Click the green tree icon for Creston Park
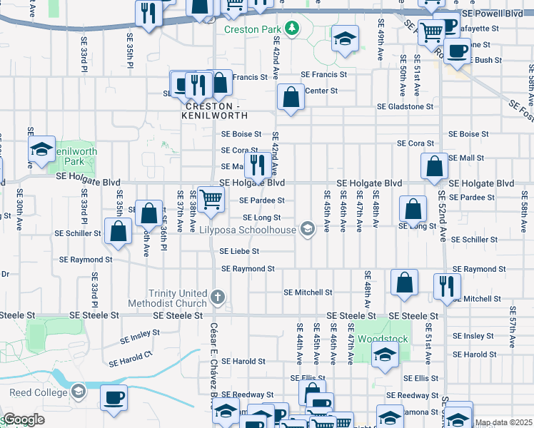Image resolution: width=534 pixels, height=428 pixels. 291,29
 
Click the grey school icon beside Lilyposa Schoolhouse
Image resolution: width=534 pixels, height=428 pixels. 307,229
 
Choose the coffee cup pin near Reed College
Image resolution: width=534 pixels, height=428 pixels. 114,397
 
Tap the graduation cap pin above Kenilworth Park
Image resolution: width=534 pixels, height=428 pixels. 42,149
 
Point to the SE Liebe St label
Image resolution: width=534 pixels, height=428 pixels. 239,251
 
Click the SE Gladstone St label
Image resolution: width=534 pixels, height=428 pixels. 405,107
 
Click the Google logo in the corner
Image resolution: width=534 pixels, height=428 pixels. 23,419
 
